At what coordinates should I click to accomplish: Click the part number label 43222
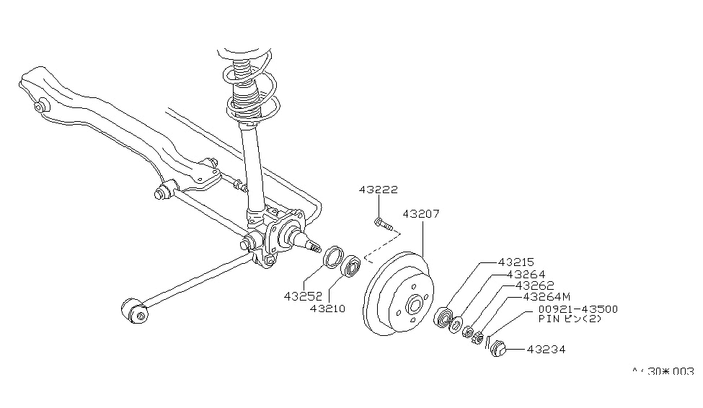coord(378,190)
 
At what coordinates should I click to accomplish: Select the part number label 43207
coord(421,214)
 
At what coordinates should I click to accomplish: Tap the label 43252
coord(303,296)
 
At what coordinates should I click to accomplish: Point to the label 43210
coord(328,309)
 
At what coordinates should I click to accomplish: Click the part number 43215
coord(516,263)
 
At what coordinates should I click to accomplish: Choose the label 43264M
coord(547,296)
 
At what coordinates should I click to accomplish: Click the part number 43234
coord(546,350)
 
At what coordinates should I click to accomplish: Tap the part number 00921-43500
coord(578,309)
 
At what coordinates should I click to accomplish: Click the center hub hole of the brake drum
coord(414,304)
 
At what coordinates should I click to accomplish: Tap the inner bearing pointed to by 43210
coord(351,266)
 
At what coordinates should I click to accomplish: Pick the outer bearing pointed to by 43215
coord(444,317)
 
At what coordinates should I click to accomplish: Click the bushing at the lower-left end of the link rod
coord(133,312)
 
